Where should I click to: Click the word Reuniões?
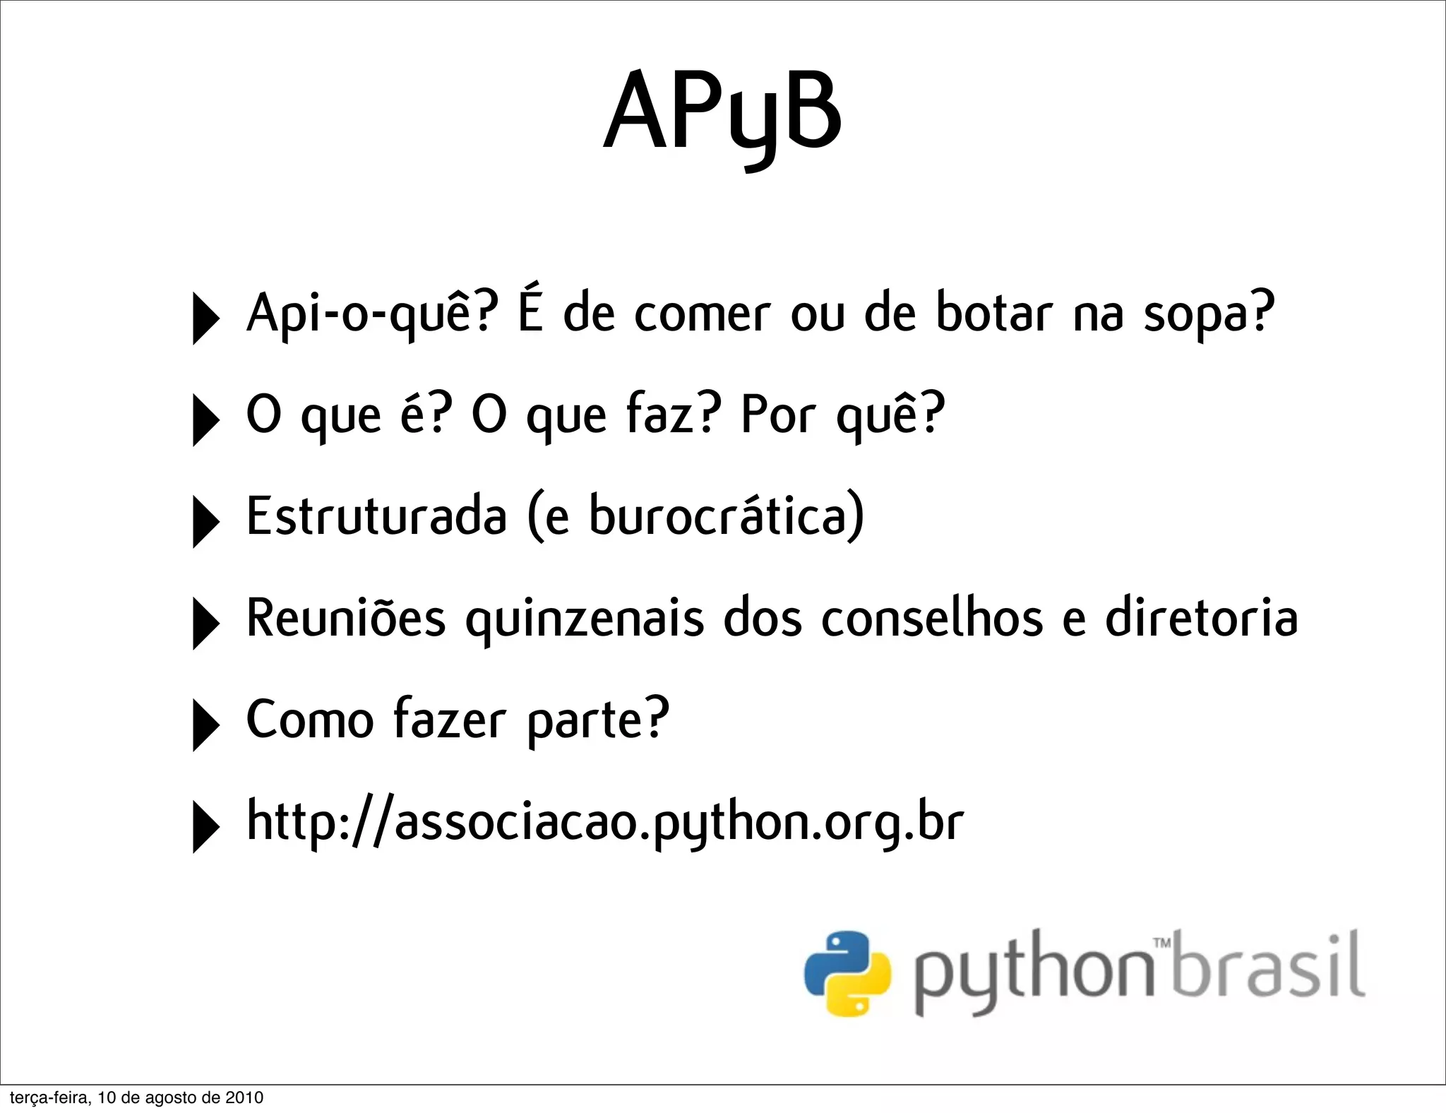pos(346,617)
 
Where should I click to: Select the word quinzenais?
pos(585,619)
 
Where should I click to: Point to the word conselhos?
pos(933,617)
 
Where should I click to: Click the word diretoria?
pos(1201,617)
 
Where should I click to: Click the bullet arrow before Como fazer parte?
pos(205,725)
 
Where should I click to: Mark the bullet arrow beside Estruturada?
pos(205,522)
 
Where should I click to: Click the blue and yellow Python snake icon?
pos(847,974)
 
